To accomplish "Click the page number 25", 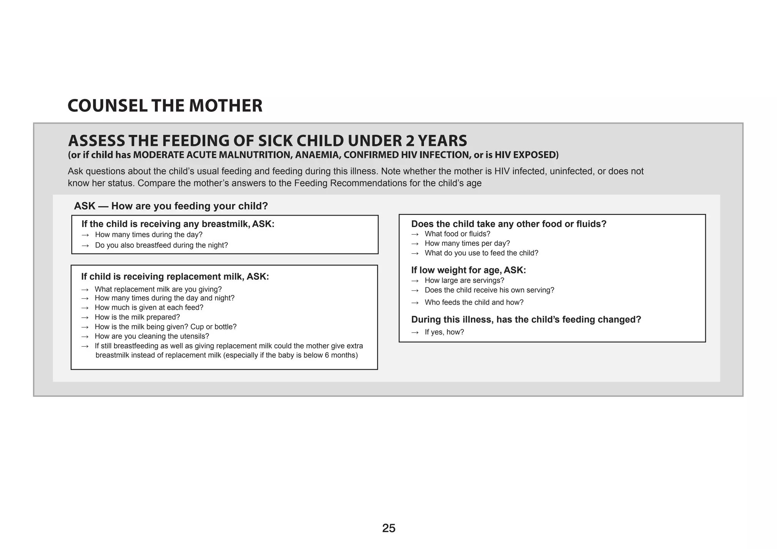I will pos(388,528).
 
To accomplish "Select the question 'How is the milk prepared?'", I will pos(137,317).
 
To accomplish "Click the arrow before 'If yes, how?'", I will pos(415,333).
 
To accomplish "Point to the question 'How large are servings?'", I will pos(464,281).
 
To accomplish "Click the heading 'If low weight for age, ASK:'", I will pos(468,270).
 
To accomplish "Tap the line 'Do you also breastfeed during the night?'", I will pos(161,245).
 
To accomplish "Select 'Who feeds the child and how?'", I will pos(474,303).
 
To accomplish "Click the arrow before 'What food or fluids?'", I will pos(415,234).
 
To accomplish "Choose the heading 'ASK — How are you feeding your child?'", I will pos(171,206).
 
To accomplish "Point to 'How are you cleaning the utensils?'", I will pos(152,336).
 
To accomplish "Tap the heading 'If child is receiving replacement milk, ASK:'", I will pos(175,277).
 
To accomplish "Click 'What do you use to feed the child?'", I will pos(481,253).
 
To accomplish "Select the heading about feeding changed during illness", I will pos(526,320).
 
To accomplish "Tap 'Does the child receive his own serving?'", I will pos(489,290).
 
